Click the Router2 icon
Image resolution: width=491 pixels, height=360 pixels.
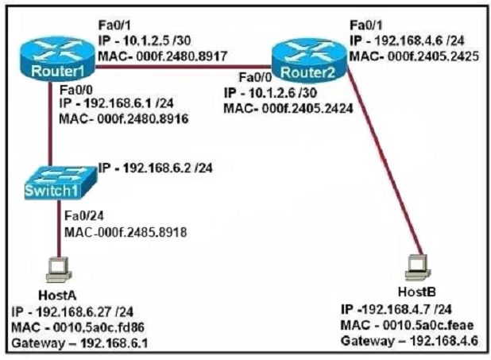point(309,60)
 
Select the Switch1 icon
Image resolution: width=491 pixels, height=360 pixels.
point(60,182)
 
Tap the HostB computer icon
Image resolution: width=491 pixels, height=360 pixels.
point(418,267)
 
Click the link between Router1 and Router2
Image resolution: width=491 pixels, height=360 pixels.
point(184,67)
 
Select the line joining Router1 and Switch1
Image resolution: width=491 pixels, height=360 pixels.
point(50,125)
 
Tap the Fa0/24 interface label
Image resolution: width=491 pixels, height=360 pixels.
point(84,216)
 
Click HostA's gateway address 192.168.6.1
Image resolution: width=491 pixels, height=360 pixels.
point(114,343)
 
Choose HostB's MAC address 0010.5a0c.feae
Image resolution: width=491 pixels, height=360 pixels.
point(428,325)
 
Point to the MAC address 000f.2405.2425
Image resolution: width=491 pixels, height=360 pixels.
point(433,56)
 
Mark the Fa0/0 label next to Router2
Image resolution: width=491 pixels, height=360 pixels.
point(255,77)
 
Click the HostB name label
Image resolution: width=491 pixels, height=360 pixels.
point(417,292)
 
